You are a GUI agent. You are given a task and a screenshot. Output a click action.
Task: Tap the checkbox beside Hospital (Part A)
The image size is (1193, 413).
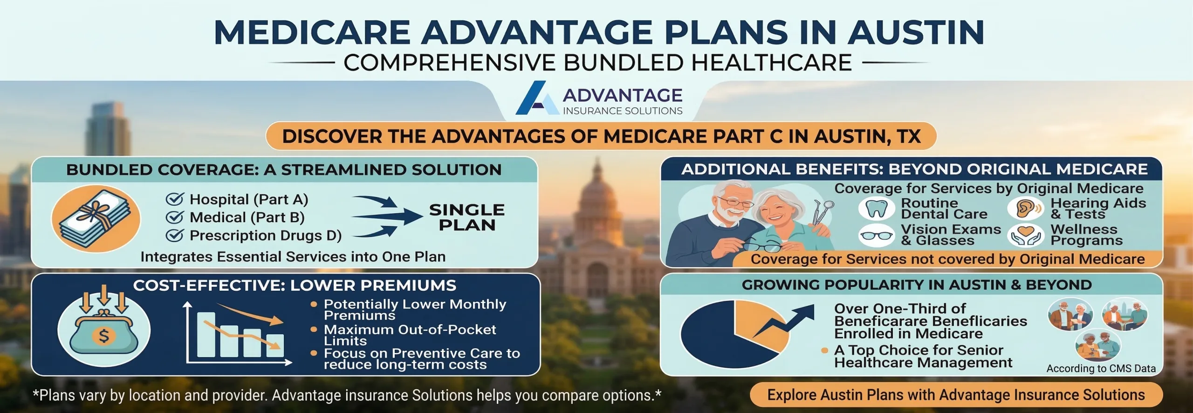(175, 199)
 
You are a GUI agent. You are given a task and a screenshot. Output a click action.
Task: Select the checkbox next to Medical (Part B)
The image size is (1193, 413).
(175, 217)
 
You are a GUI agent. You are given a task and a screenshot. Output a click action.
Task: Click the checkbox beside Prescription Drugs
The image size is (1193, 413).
(175, 236)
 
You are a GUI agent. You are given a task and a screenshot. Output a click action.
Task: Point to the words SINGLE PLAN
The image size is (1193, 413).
(466, 217)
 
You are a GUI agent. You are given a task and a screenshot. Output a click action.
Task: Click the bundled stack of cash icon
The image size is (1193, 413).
(96, 218)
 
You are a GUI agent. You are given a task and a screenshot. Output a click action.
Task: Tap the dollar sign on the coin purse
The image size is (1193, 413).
(104, 336)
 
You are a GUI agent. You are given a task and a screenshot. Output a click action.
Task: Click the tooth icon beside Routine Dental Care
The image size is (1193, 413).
(876, 209)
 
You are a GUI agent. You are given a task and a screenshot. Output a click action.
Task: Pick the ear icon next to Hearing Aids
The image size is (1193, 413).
(1024, 209)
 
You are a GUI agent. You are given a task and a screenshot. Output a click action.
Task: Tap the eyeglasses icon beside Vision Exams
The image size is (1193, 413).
(876, 236)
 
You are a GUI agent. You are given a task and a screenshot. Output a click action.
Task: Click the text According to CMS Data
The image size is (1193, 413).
(1101, 369)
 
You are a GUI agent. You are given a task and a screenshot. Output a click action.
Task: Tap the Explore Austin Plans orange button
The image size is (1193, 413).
(956, 395)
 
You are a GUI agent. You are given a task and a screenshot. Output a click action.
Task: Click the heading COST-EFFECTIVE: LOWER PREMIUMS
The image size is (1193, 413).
(295, 286)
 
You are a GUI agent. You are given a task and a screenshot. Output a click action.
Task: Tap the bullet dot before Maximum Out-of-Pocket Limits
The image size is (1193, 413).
(314, 329)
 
